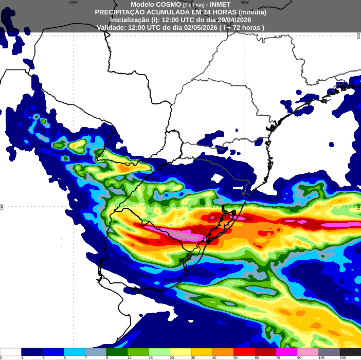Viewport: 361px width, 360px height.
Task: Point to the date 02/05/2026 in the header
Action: (x=198, y=27)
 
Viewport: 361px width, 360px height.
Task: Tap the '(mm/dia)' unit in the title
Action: (x=252, y=12)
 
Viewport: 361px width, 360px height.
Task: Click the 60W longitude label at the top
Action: (x=74, y=3)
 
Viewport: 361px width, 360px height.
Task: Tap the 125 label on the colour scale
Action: (x=321, y=357)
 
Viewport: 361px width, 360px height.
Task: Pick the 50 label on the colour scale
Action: (x=236, y=357)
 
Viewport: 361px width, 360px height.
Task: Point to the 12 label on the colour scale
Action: (x=129, y=357)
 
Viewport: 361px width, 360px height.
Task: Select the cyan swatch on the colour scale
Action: (x=74, y=352)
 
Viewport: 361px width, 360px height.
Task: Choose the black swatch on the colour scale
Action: (x=351, y=352)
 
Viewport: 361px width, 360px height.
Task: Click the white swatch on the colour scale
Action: (x=10, y=352)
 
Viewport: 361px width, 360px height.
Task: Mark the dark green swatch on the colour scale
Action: (x=117, y=352)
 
